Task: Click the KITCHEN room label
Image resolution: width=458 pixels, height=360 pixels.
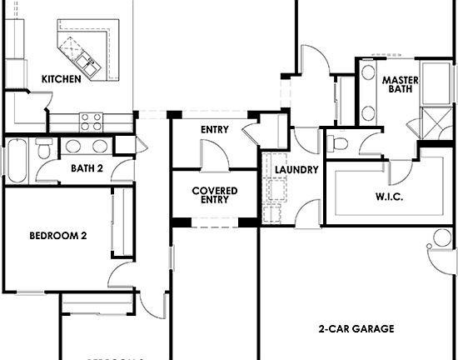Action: click(x=61, y=79)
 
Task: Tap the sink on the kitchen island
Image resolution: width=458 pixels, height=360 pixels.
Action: click(x=84, y=60)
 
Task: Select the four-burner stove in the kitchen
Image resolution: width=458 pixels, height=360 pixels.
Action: click(x=90, y=122)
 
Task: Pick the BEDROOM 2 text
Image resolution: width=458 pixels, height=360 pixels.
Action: click(x=57, y=236)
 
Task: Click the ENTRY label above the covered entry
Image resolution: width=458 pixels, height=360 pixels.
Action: click(x=215, y=130)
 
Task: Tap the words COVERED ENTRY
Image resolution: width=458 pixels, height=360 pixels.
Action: click(x=214, y=195)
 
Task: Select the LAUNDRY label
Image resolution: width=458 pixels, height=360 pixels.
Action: click(x=296, y=170)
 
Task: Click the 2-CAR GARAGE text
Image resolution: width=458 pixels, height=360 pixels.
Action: click(x=356, y=328)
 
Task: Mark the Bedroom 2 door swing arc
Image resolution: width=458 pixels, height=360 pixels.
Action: click(x=118, y=274)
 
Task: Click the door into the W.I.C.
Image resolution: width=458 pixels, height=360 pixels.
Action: click(x=406, y=171)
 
